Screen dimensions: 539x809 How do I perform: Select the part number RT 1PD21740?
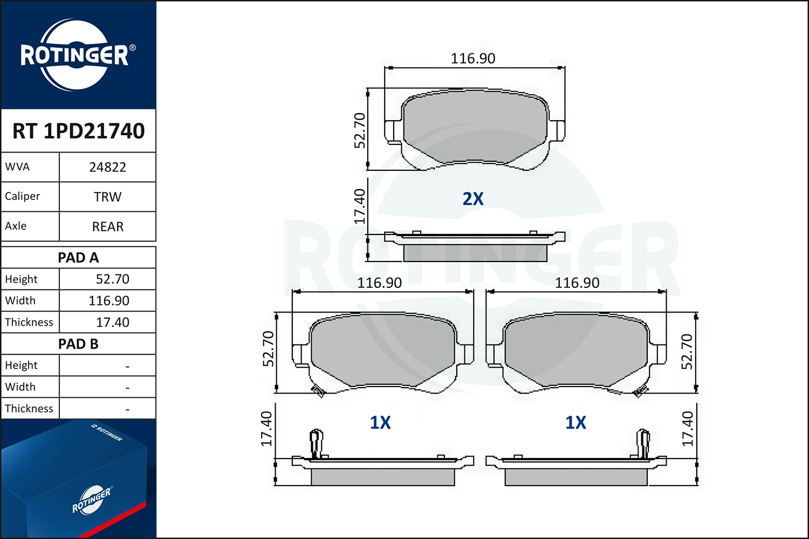pos(79,131)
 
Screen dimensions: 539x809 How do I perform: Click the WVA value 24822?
pos(107,167)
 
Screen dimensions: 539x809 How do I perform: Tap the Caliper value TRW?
pos(107,197)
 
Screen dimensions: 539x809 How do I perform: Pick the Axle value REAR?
pos(107,226)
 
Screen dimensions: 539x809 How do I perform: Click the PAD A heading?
pos(78,258)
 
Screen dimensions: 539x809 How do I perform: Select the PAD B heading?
pos(78,344)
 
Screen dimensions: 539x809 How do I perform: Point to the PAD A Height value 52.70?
pos(112,279)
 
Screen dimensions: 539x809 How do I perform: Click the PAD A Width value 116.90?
pos(109,301)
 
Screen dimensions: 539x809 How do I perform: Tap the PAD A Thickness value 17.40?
pos(112,322)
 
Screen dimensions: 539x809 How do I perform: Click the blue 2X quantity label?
pos(473,199)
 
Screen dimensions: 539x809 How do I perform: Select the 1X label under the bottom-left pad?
pos(380,423)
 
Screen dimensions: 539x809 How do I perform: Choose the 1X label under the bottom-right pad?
pos(575,423)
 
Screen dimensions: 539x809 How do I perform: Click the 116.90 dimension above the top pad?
pos(472,58)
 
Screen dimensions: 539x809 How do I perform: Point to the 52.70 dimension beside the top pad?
pos(360,130)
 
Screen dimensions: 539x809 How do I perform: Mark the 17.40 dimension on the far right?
pos(687,429)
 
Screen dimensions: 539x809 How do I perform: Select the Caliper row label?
pos(23,196)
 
